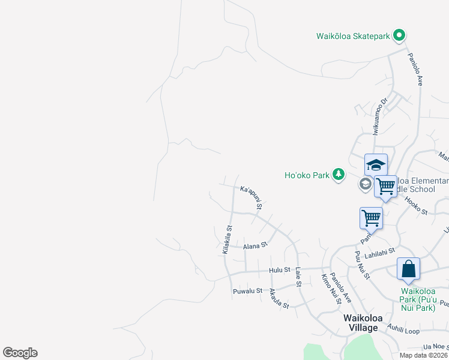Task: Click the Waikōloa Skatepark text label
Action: [x=354, y=36]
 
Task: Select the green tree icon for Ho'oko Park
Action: [x=339, y=175]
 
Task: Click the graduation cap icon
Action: [x=376, y=165]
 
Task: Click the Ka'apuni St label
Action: [x=252, y=197]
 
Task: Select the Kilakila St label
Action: [x=227, y=239]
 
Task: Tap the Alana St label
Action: [x=255, y=246]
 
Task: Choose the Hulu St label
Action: [x=280, y=271]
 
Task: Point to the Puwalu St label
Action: [x=247, y=291]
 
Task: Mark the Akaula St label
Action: [x=279, y=298]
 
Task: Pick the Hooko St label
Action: [x=415, y=208]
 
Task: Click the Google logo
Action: [x=20, y=353]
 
